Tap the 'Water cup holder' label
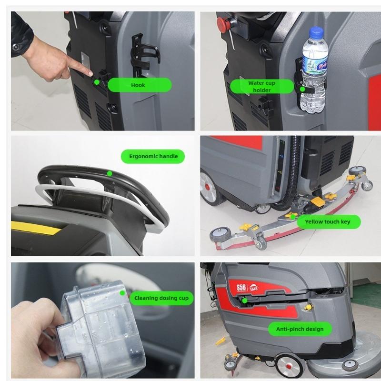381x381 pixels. (262, 86)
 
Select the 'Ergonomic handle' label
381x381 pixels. (153, 156)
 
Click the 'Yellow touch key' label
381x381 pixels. (329, 221)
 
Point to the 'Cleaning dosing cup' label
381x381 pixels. (161, 298)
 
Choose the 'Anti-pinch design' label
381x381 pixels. (300, 329)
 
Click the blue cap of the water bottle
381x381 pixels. (316, 31)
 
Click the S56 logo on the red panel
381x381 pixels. (241, 288)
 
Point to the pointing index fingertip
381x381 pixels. (90, 73)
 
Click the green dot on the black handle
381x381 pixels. (110, 173)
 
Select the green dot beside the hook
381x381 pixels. (97, 82)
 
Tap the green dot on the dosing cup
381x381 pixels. (122, 293)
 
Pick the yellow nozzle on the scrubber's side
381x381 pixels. (308, 308)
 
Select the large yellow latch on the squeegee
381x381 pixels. (318, 201)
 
